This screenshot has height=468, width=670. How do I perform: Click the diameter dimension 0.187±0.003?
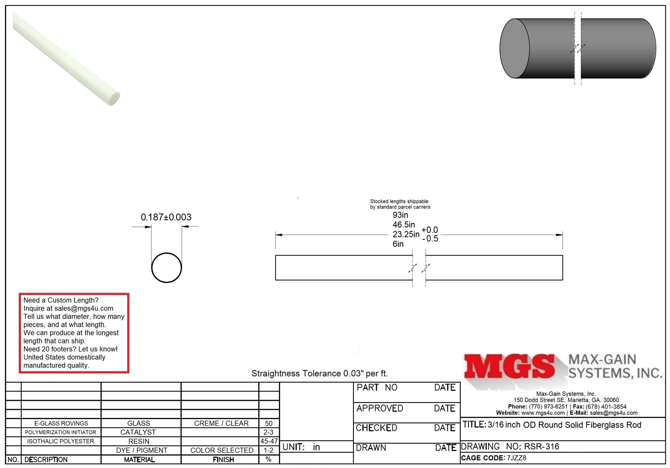tap(166, 217)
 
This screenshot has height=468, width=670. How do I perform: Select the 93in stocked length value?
tap(400, 215)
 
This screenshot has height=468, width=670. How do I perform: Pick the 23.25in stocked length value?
tap(406, 234)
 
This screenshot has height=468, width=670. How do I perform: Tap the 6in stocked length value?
tap(398, 244)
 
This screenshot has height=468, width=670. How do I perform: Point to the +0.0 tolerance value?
tap(429, 230)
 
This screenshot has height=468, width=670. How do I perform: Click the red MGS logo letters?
tap(509, 366)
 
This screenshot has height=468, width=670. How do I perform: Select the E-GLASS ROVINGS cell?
tap(61, 423)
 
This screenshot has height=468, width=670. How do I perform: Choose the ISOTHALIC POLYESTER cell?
tap(61, 441)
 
